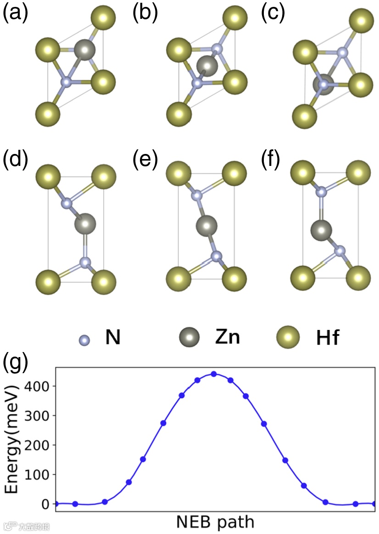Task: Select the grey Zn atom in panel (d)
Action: pos(85,225)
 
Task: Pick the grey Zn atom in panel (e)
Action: pos(206,226)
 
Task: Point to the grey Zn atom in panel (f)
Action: pos(321,229)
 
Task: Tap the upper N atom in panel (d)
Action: pos(67,202)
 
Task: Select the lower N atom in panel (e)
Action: pos(217,256)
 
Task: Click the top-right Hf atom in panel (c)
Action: pos(361,21)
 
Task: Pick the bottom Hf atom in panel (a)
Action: pos(47,112)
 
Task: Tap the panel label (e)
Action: pos(145,159)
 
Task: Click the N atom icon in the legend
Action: pos(84,341)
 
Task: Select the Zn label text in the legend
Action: pos(227,338)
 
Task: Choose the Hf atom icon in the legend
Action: pos(288,339)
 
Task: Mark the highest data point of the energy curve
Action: pos(214,374)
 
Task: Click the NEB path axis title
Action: pos(215,522)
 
